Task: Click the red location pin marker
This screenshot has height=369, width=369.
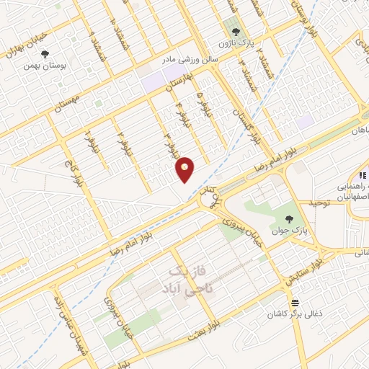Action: pos(185,169)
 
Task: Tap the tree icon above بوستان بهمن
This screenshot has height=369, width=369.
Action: pos(45,54)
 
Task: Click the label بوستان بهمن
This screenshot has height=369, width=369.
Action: pos(45,66)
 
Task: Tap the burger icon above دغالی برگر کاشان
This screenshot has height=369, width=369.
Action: pos(294,303)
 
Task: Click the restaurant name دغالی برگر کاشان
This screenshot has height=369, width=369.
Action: pos(295,315)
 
